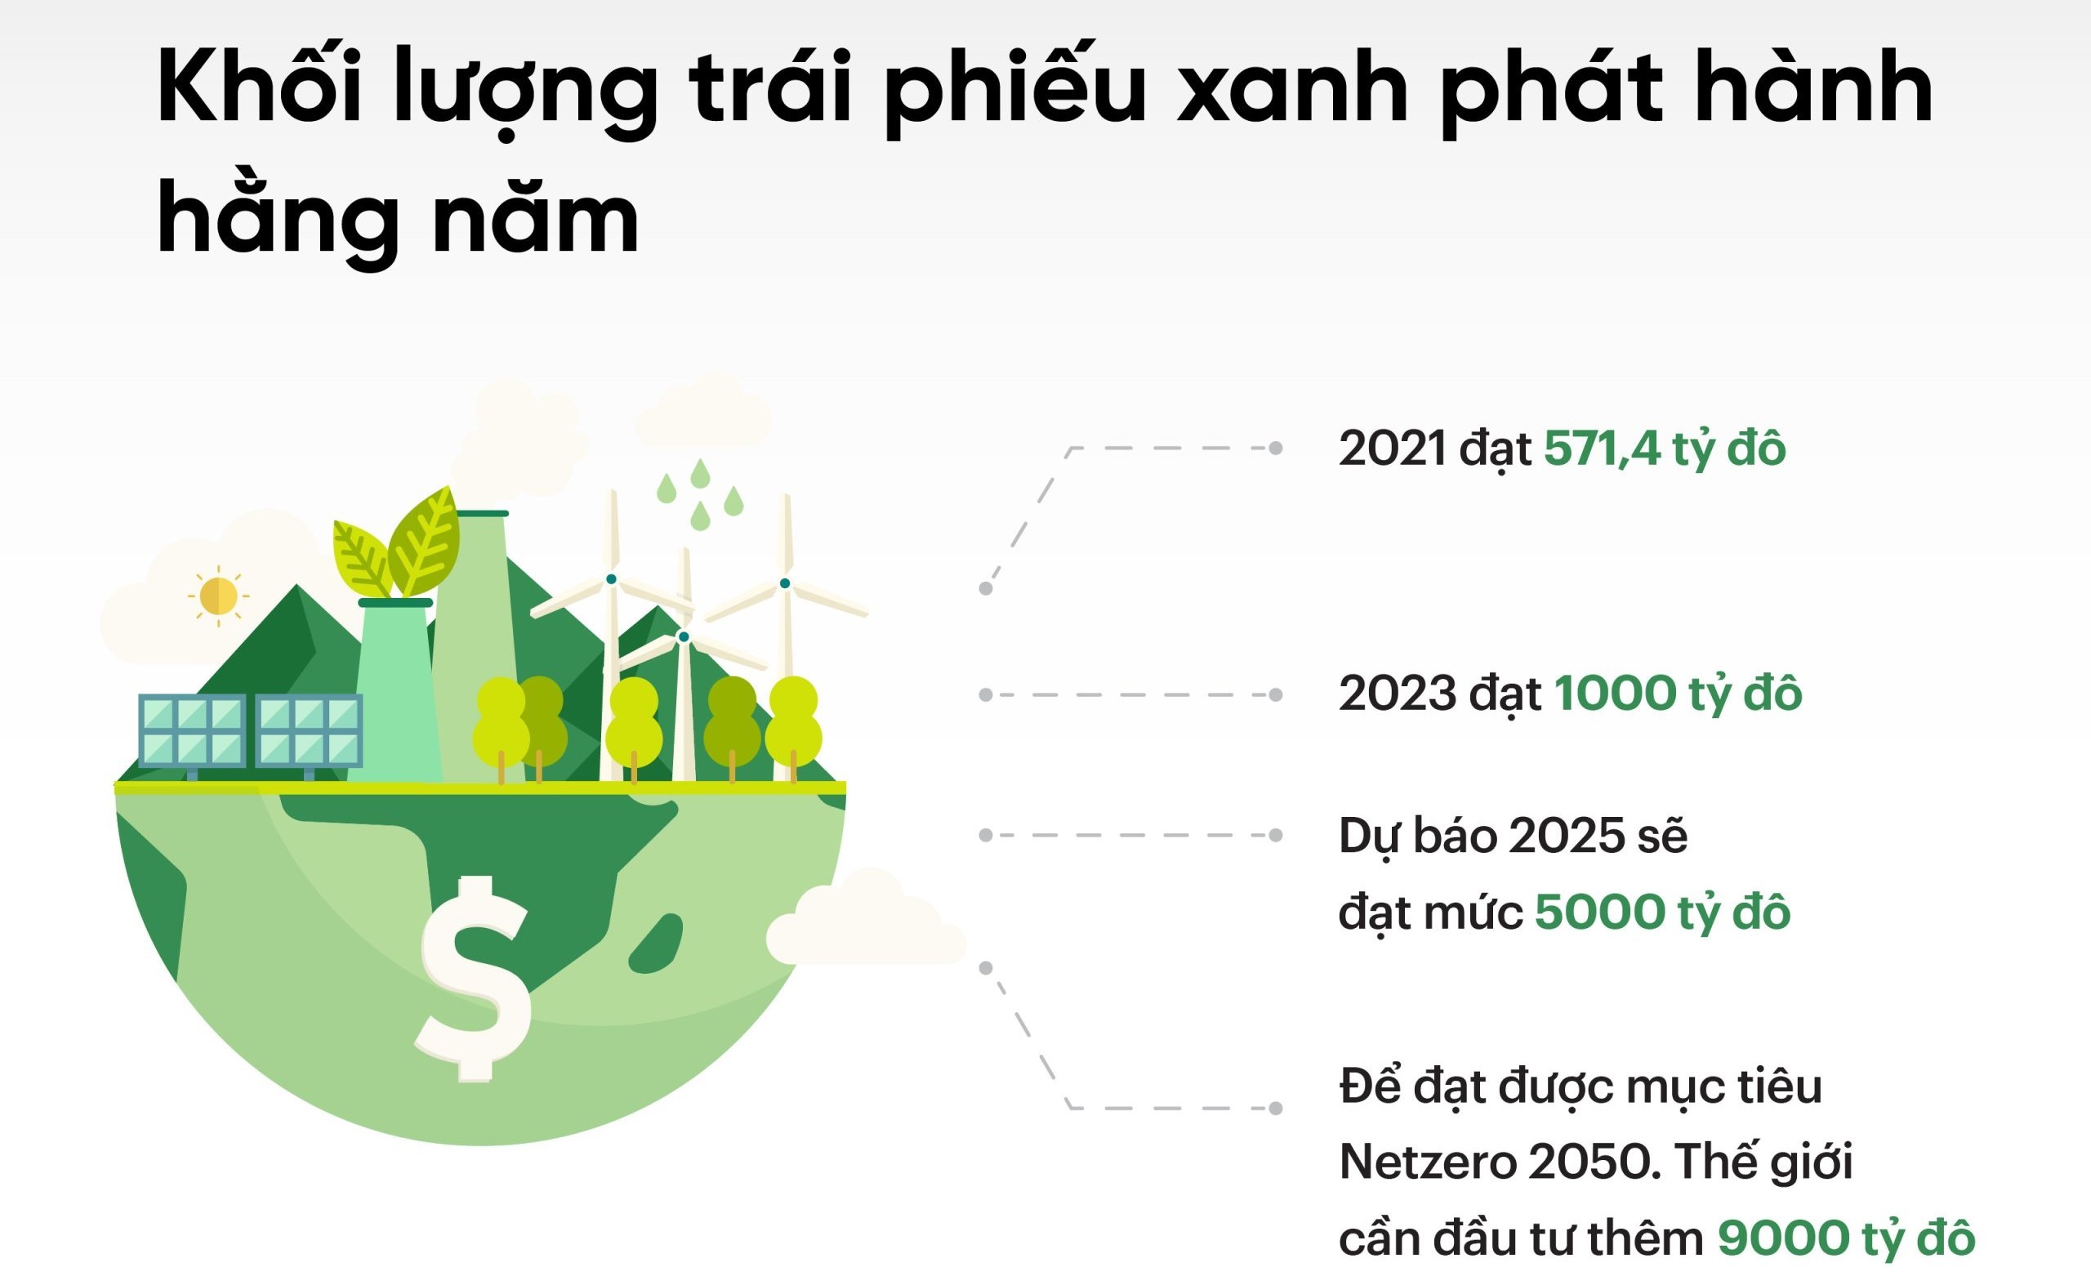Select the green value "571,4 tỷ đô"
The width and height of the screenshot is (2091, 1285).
point(1665,448)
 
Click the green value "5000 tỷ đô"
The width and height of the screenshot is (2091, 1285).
point(1663,911)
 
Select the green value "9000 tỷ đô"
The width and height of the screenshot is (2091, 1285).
point(1846,1238)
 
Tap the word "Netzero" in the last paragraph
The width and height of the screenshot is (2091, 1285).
point(1428,1162)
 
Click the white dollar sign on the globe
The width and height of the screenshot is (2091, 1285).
point(474,978)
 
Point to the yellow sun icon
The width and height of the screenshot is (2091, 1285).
point(217,596)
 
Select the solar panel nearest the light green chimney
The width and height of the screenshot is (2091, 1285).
point(309,732)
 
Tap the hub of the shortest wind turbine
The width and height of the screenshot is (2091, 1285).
point(683,636)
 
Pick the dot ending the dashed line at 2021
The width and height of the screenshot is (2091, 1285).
point(1275,448)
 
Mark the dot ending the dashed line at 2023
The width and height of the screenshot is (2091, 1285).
point(1275,694)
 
